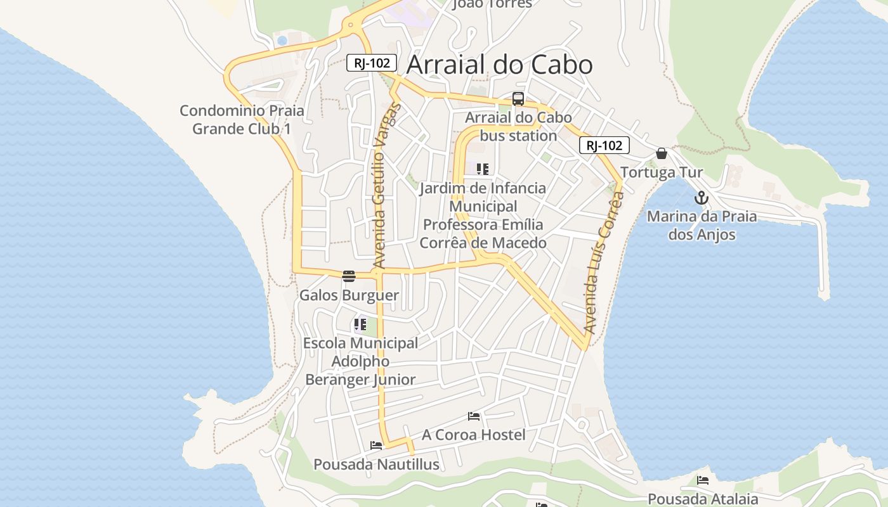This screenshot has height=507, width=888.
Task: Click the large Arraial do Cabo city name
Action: click(499, 65)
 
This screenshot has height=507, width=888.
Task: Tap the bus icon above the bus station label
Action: click(518, 99)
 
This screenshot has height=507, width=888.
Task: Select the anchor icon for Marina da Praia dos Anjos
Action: click(701, 198)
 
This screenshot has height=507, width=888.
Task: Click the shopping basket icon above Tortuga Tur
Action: click(662, 153)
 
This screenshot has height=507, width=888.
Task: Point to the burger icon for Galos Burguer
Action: click(348, 276)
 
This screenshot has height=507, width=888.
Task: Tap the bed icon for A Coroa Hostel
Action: click(474, 416)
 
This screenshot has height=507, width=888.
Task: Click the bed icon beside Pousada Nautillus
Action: click(376, 446)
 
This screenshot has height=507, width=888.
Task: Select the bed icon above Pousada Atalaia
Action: click(703, 480)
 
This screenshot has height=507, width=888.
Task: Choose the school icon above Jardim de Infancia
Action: click(483, 169)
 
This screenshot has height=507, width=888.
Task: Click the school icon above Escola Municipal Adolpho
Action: click(360, 324)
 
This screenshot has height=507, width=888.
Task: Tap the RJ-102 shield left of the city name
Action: click(372, 63)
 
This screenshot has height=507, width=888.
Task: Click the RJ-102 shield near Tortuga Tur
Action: click(604, 146)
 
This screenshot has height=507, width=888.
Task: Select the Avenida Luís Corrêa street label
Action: click(603, 263)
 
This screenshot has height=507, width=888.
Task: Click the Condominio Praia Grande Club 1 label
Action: click(242, 120)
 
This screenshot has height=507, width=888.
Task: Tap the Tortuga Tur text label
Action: click(662, 172)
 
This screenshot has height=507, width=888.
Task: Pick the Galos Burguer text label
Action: click(349, 295)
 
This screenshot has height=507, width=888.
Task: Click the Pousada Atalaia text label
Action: click(703, 499)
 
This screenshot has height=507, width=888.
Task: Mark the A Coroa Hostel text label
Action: click(474, 435)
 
